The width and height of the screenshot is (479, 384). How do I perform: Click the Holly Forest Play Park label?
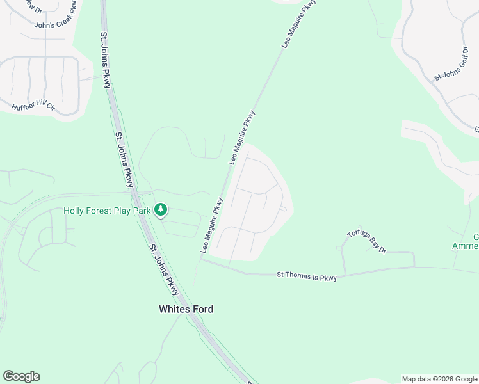pos(107,211)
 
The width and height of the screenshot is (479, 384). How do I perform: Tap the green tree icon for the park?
pos(162,209)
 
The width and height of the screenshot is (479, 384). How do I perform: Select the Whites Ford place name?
pos(186,309)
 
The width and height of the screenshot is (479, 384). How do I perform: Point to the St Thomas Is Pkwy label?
pos(306,275)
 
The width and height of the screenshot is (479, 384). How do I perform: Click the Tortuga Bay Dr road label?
pos(367,241)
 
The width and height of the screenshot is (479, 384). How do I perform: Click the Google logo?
pos(21,376)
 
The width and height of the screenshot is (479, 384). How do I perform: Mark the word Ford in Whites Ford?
pos(202,309)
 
